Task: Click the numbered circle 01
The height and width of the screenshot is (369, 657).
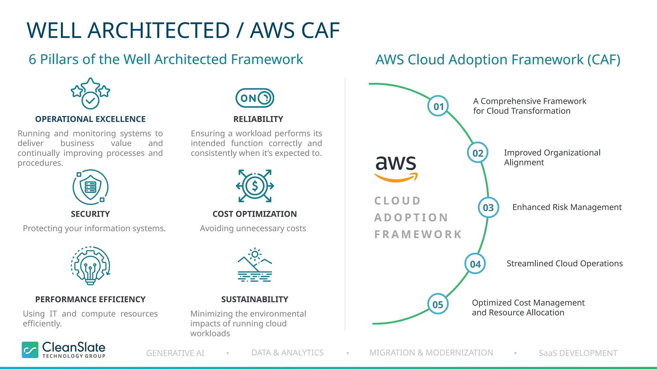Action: [x=438, y=106]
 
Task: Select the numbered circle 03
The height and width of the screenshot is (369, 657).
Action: [x=488, y=208]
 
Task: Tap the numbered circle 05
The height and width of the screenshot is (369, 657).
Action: [x=438, y=304]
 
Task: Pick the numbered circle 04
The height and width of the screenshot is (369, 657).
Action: [x=475, y=264]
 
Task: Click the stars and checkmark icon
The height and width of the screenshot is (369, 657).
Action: [x=90, y=94]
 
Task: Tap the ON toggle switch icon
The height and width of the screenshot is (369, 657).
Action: [x=255, y=98]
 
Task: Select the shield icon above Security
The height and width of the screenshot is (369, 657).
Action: [x=90, y=187]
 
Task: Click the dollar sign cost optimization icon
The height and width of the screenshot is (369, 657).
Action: [x=255, y=186]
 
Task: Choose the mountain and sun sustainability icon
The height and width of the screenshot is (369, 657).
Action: [x=255, y=265]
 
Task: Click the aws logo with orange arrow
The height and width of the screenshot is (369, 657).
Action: [x=396, y=168]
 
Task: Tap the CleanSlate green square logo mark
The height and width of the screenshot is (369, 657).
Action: [x=30, y=350]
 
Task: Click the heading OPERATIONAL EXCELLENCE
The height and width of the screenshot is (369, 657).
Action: [x=90, y=119]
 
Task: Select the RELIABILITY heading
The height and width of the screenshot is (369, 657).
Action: [x=258, y=119]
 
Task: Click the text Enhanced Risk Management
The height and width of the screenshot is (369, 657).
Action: [x=567, y=208]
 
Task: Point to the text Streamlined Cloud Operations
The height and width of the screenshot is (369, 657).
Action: [x=565, y=264]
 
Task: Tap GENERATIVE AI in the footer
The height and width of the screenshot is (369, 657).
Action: [x=175, y=353]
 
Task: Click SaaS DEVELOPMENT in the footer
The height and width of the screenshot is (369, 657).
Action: [x=578, y=353]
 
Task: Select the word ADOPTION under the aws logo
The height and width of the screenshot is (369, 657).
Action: [x=411, y=218]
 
